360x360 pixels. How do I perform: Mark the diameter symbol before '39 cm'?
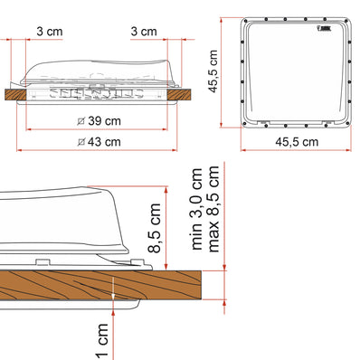(x=82, y=120)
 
